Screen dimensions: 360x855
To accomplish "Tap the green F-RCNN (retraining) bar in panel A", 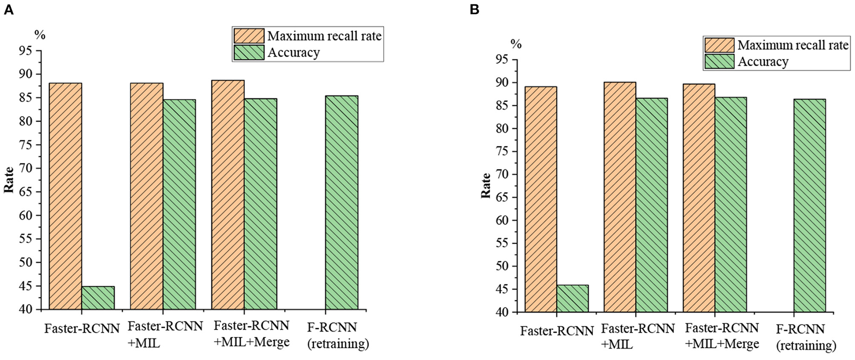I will (342, 203).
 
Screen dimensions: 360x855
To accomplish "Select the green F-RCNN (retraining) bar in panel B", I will (810, 206).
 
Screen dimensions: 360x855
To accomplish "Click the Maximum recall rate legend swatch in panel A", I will (249, 36).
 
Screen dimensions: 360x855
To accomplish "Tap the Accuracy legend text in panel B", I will (763, 62).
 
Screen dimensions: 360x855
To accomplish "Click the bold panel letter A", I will (8, 10).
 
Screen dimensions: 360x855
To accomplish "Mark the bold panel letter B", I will (474, 10).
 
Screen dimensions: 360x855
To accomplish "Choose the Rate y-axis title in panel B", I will (486, 186).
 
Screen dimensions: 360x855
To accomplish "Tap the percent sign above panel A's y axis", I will (40, 35).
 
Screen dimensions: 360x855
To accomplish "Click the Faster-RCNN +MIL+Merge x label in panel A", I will (251, 334).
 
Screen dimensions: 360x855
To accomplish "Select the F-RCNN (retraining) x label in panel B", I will (806, 337).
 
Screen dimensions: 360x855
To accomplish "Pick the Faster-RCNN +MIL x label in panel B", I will (637, 336).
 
